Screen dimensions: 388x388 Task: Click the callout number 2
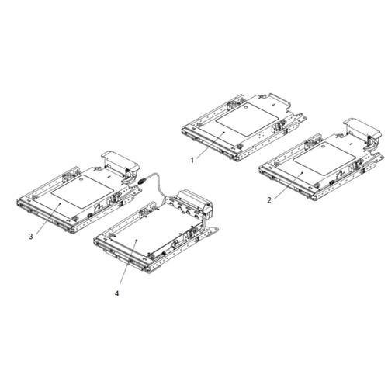268,199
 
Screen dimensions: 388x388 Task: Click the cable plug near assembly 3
144,180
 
